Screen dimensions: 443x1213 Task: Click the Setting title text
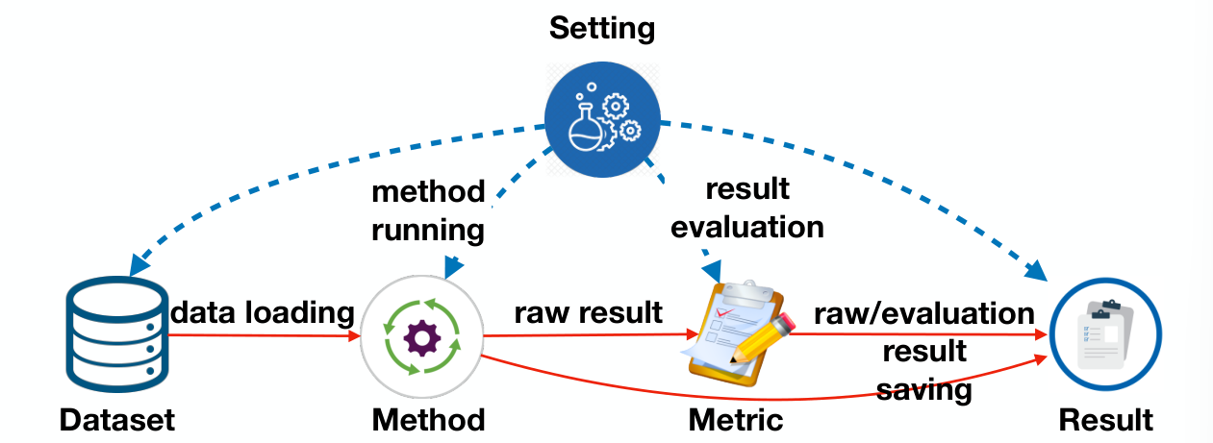[x=602, y=27]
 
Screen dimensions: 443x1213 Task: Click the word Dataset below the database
[x=116, y=420]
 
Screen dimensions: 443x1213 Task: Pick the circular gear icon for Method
[x=420, y=336]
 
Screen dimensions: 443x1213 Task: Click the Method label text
[x=428, y=420]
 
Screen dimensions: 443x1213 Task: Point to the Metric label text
[x=736, y=420]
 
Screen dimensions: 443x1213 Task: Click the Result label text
[x=1105, y=420]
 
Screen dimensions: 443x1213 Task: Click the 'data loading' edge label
[x=263, y=312]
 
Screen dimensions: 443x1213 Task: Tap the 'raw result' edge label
[x=588, y=312]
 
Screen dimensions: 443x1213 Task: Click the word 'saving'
[x=924, y=390]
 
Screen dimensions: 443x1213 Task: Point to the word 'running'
[x=429, y=231]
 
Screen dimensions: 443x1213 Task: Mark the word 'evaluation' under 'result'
[x=747, y=227]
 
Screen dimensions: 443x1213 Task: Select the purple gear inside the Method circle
[x=420, y=337]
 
